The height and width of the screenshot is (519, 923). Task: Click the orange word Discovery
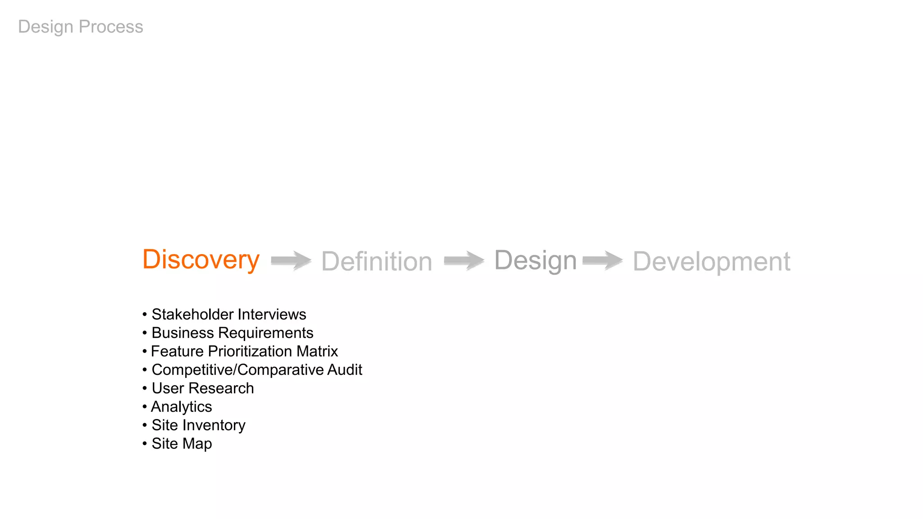point(201,259)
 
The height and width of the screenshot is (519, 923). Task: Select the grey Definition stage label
point(376,261)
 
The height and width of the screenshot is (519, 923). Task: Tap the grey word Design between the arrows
point(535,260)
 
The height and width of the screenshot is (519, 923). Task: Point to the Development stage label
point(711,261)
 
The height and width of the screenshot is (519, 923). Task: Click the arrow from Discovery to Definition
point(291,260)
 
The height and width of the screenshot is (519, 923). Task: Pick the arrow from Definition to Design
point(464,260)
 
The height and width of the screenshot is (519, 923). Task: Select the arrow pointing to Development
point(603,260)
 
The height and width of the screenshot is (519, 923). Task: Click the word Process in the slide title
point(111,27)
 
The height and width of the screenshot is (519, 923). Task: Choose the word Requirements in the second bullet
point(265,333)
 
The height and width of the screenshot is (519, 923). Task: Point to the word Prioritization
point(250,351)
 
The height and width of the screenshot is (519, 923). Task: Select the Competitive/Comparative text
point(238,370)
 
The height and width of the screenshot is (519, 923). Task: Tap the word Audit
point(345,370)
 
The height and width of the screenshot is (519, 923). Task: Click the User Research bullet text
point(202,388)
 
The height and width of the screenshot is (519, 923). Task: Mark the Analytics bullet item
point(181,407)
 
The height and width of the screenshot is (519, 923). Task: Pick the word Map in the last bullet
point(197,444)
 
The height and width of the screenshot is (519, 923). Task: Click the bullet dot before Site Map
point(145,444)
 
